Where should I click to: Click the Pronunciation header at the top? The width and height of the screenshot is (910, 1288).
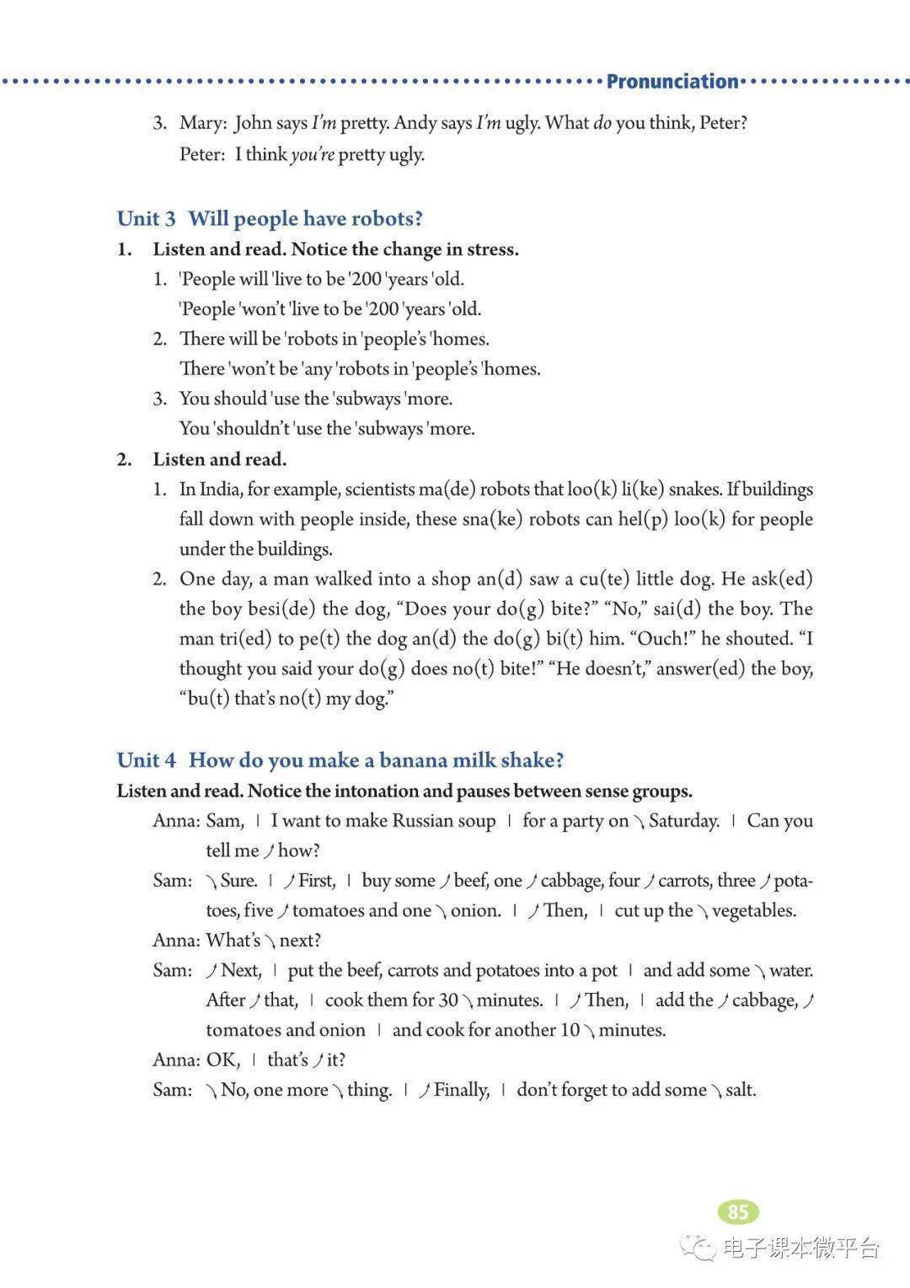(x=672, y=82)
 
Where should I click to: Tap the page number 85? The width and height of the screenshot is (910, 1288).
(x=738, y=1212)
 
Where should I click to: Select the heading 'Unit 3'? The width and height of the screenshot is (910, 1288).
(x=147, y=219)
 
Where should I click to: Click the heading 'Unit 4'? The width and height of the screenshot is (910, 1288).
(x=147, y=760)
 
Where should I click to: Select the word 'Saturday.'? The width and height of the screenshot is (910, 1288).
(x=683, y=821)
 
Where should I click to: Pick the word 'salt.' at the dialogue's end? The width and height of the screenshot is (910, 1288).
(x=741, y=1090)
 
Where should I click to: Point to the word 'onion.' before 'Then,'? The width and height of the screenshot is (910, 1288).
(x=475, y=911)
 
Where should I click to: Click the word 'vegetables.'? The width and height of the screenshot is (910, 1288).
(x=753, y=911)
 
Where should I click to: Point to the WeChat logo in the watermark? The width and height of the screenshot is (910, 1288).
(x=699, y=1247)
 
